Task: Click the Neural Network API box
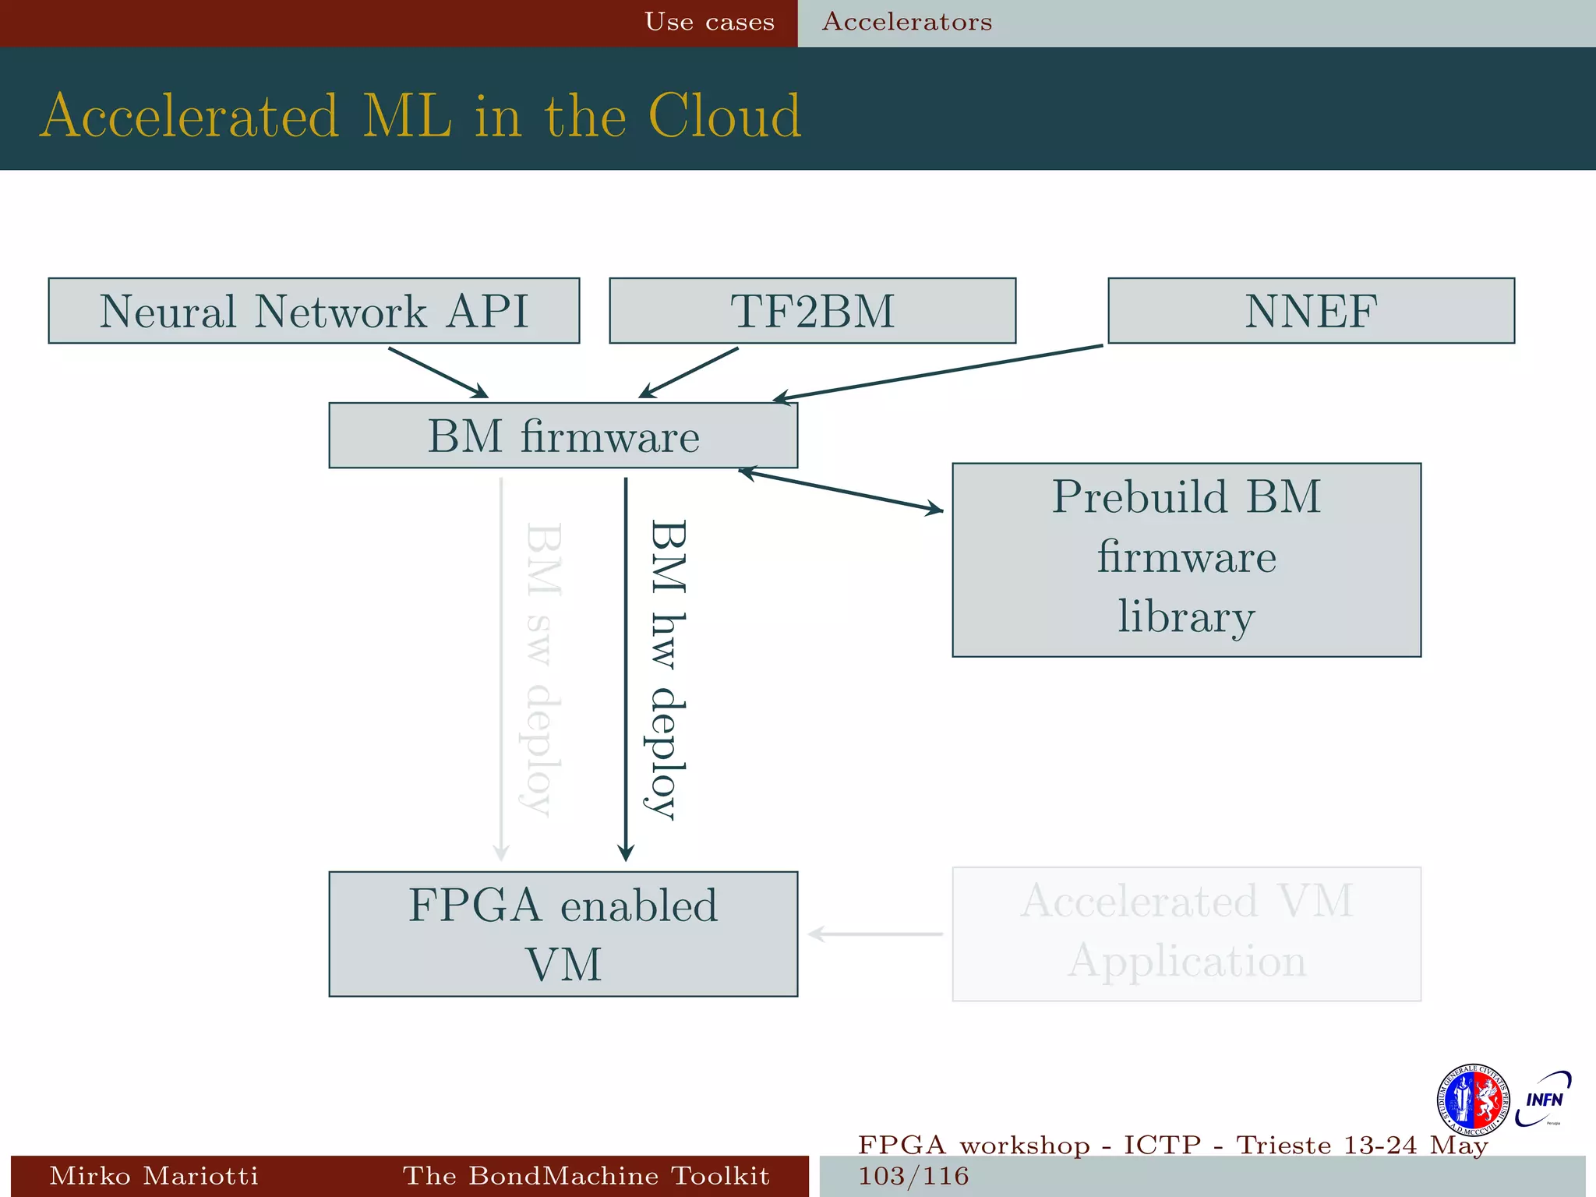pyautogui.click(x=313, y=311)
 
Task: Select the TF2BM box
pyautogui.click(x=812, y=311)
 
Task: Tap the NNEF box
pyautogui.click(x=1311, y=311)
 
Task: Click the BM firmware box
pyautogui.click(x=563, y=436)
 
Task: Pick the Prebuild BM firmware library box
pyautogui.click(x=1186, y=560)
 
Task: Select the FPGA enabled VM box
pyautogui.click(x=563, y=934)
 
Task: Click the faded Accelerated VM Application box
pyautogui.click(x=1186, y=934)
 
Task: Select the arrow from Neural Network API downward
pyautogui.click(x=438, y=373)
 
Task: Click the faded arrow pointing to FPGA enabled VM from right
pyautogui.click(x=876, y=934)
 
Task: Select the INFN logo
pyautogui.click(x=1544, y=1099)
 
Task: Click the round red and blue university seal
pyautogui.click(x=1472, y=1100)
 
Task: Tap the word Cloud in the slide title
pyautogui.click(x=724, y=117)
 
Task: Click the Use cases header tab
pyautogui.click(x=709, y=22)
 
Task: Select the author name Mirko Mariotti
pyautogui.click(x=154, y=1175)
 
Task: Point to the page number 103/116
pyautogui.click(x=913, y=1175)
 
